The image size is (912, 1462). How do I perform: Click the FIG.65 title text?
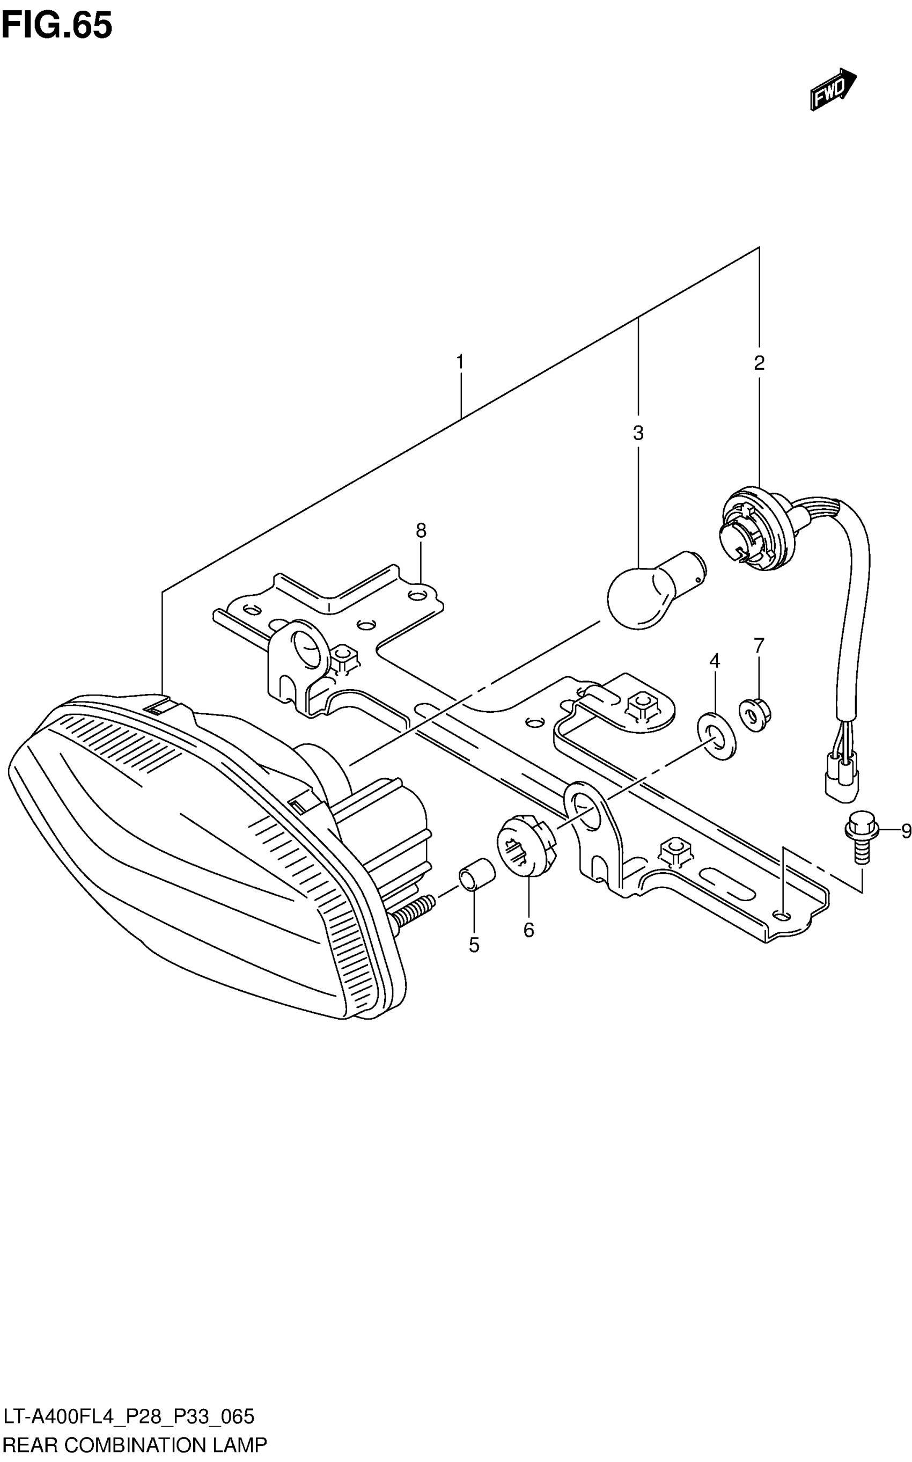(57, 25)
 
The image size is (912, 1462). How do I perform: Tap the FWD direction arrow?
(833, 89)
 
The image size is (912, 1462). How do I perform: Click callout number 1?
(460, 363)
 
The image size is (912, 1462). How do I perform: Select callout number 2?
(759, 363)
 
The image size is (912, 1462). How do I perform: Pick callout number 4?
(714, 661)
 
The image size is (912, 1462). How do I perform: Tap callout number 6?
(528, 931)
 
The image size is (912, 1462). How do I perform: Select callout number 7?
(759, 646)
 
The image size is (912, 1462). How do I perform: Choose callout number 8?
(421, 531)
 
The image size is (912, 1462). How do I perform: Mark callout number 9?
(906, 831)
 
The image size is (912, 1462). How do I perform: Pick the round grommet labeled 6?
(525, 843)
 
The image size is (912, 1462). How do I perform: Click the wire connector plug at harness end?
(841, 781)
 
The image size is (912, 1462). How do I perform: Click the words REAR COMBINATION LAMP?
(135, 1445)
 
